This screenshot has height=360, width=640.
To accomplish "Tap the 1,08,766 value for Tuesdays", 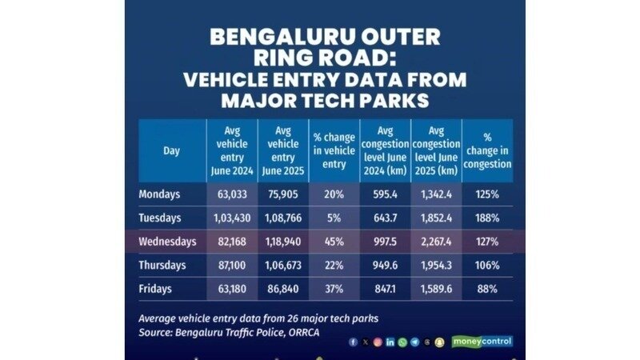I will coord(282,218).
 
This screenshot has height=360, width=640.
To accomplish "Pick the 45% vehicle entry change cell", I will coord(333,241).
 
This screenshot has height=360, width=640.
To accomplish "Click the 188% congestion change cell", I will coord(486,218).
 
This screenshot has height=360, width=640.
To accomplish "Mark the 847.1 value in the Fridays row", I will coord(385,288).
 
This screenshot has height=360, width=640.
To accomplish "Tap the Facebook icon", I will coord(353,342).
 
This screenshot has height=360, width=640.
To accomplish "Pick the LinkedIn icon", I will coord(390,342).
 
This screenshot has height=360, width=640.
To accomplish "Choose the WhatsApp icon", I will coord(402,342).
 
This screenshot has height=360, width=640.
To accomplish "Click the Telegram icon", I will coord(414,342).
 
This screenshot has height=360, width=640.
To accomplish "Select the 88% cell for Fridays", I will coord(486,288).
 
